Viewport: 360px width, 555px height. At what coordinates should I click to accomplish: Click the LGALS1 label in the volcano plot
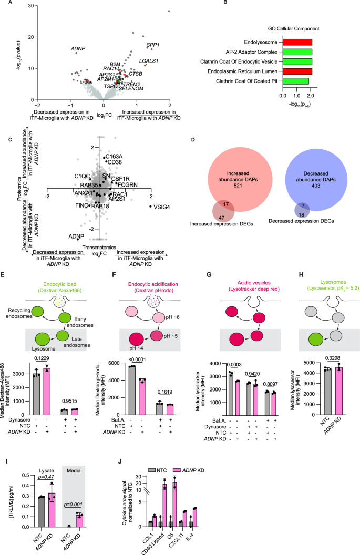point(149,61)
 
